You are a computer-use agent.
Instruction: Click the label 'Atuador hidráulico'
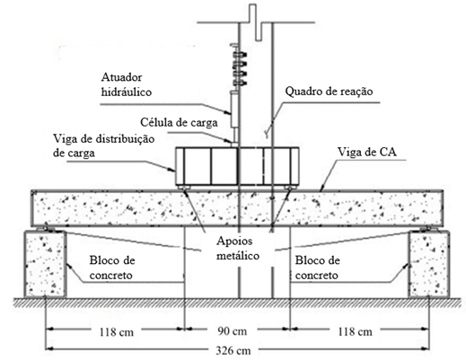click(x=127, y=84)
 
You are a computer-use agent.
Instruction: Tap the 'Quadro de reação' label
click(x=329, y=91)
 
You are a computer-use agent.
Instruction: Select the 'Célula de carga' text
click(x=179, y=122)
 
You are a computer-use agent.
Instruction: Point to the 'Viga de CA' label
click(x=367, y=152)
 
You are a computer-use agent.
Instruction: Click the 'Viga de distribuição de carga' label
click(x=104, y=145)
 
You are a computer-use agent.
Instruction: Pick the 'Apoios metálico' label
click(x=238, y=249)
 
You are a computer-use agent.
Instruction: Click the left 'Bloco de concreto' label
click(x=112, y=268)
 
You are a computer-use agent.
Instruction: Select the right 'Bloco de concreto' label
click(x=318, y=268)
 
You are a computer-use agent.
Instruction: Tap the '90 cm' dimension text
click(x=233, y=331)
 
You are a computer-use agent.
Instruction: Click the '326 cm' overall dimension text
click(x=233, y=350)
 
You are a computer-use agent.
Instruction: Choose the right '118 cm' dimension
click(x=356, y=331)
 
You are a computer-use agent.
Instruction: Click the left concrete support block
click(x=45, y=264)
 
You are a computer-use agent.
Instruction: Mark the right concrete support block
click(x=428, y=264)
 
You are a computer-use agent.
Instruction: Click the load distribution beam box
click(x=237, y=166)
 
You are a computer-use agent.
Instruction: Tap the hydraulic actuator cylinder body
click(x=234, y=110)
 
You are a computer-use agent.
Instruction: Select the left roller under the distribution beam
click(x=183, y=188)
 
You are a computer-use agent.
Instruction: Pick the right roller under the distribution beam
click(x=289, y=188)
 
